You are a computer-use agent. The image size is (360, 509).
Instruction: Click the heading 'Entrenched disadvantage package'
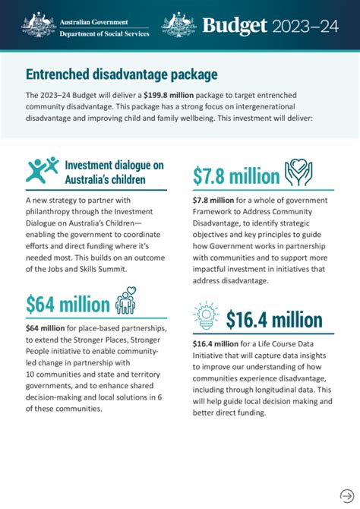click(x=122, y=74)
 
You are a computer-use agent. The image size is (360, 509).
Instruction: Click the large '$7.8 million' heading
click(x=235, y=176)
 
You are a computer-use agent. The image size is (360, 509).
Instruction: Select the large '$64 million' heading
click(x=68, y=304)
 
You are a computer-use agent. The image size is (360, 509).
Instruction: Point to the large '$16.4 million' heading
click(x=273, y=320)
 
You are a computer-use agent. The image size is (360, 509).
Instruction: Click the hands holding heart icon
click(x=299, y=174)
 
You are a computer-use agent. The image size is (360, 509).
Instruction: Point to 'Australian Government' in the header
click(x=93, y=21)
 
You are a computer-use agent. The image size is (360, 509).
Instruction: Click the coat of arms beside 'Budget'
click(x=179, y=25)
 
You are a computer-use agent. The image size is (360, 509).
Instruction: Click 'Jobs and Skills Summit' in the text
click(x=104, y=269)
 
